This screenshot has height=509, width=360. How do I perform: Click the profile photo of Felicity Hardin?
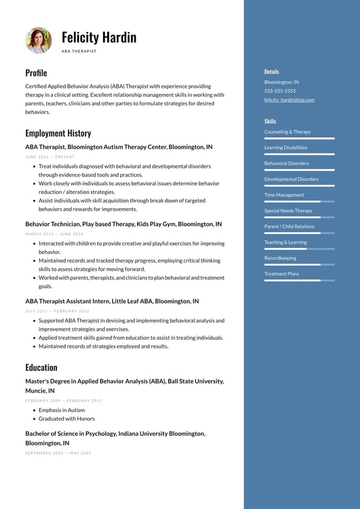38,40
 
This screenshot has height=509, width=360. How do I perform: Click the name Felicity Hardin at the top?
99,37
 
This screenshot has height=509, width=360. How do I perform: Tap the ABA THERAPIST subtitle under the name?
79,51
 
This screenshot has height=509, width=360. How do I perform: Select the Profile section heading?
36,73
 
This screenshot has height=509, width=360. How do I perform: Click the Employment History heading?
58,133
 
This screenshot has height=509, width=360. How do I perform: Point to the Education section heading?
41,367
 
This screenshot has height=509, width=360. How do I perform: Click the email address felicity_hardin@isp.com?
289,100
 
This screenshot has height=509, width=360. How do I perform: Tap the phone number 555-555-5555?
280,91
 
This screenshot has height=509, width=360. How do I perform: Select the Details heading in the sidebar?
271,72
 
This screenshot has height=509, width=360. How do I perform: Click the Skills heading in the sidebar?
270,122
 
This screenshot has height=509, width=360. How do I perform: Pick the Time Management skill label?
284,195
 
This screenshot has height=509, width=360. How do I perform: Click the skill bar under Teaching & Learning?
299,249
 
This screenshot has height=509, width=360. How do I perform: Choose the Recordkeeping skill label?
280,258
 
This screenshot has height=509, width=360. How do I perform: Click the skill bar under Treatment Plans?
299,280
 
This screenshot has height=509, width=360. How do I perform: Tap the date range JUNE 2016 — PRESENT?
50,157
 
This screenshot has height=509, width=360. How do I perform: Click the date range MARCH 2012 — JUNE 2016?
54,234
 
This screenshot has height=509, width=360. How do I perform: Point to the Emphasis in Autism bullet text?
62,410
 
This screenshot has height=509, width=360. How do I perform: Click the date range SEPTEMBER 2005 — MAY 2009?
58,453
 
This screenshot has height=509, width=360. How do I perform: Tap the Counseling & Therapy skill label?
287,132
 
